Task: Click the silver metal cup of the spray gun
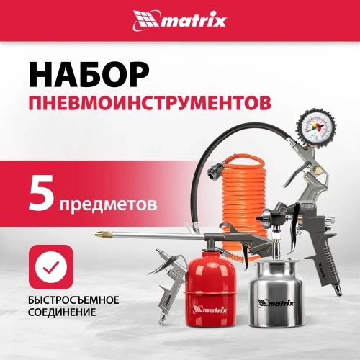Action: click(281, 299)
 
